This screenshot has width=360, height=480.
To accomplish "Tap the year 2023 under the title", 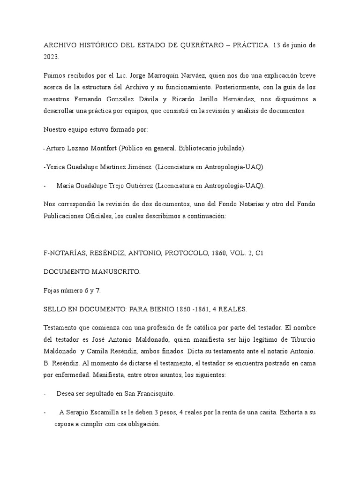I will pos(51,57).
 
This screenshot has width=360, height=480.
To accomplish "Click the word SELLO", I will pos(54,309).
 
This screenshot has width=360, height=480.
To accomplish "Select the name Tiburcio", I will pos(300,339).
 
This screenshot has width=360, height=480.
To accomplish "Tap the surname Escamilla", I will pos(106,412).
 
